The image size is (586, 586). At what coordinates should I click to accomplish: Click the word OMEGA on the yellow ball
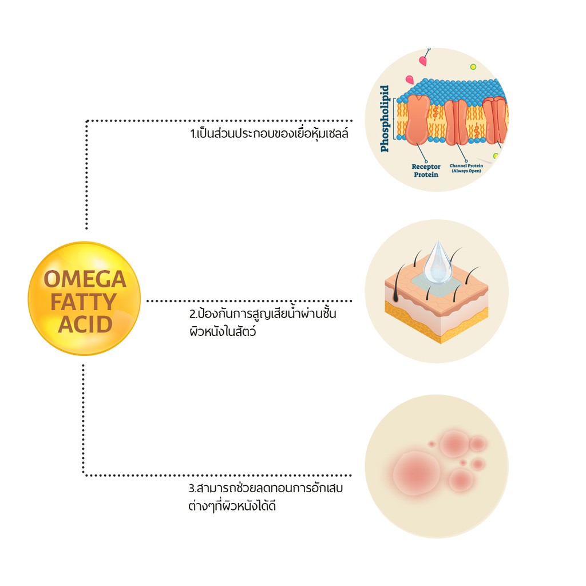[x=85, y=280]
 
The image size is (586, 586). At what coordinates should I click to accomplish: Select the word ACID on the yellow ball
[x=85, y=324]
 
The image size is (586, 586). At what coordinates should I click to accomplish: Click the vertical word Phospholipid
[x=385, y=118]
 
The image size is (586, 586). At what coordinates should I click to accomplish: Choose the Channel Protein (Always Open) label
[x=467, y=168]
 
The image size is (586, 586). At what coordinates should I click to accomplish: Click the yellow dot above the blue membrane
[x=473, y=67]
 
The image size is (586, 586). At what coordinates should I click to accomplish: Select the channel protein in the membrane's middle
[x=456, y=121]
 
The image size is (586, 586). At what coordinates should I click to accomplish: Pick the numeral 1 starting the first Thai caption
[x=192, y=135]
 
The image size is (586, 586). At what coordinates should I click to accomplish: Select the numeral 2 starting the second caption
[x=192, y=315]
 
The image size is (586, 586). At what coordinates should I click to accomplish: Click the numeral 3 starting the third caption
[x=192, y=490]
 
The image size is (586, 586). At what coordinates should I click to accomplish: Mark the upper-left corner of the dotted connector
[x=86, y=121]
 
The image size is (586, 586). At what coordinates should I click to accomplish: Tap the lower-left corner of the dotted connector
[x=84, y=474]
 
